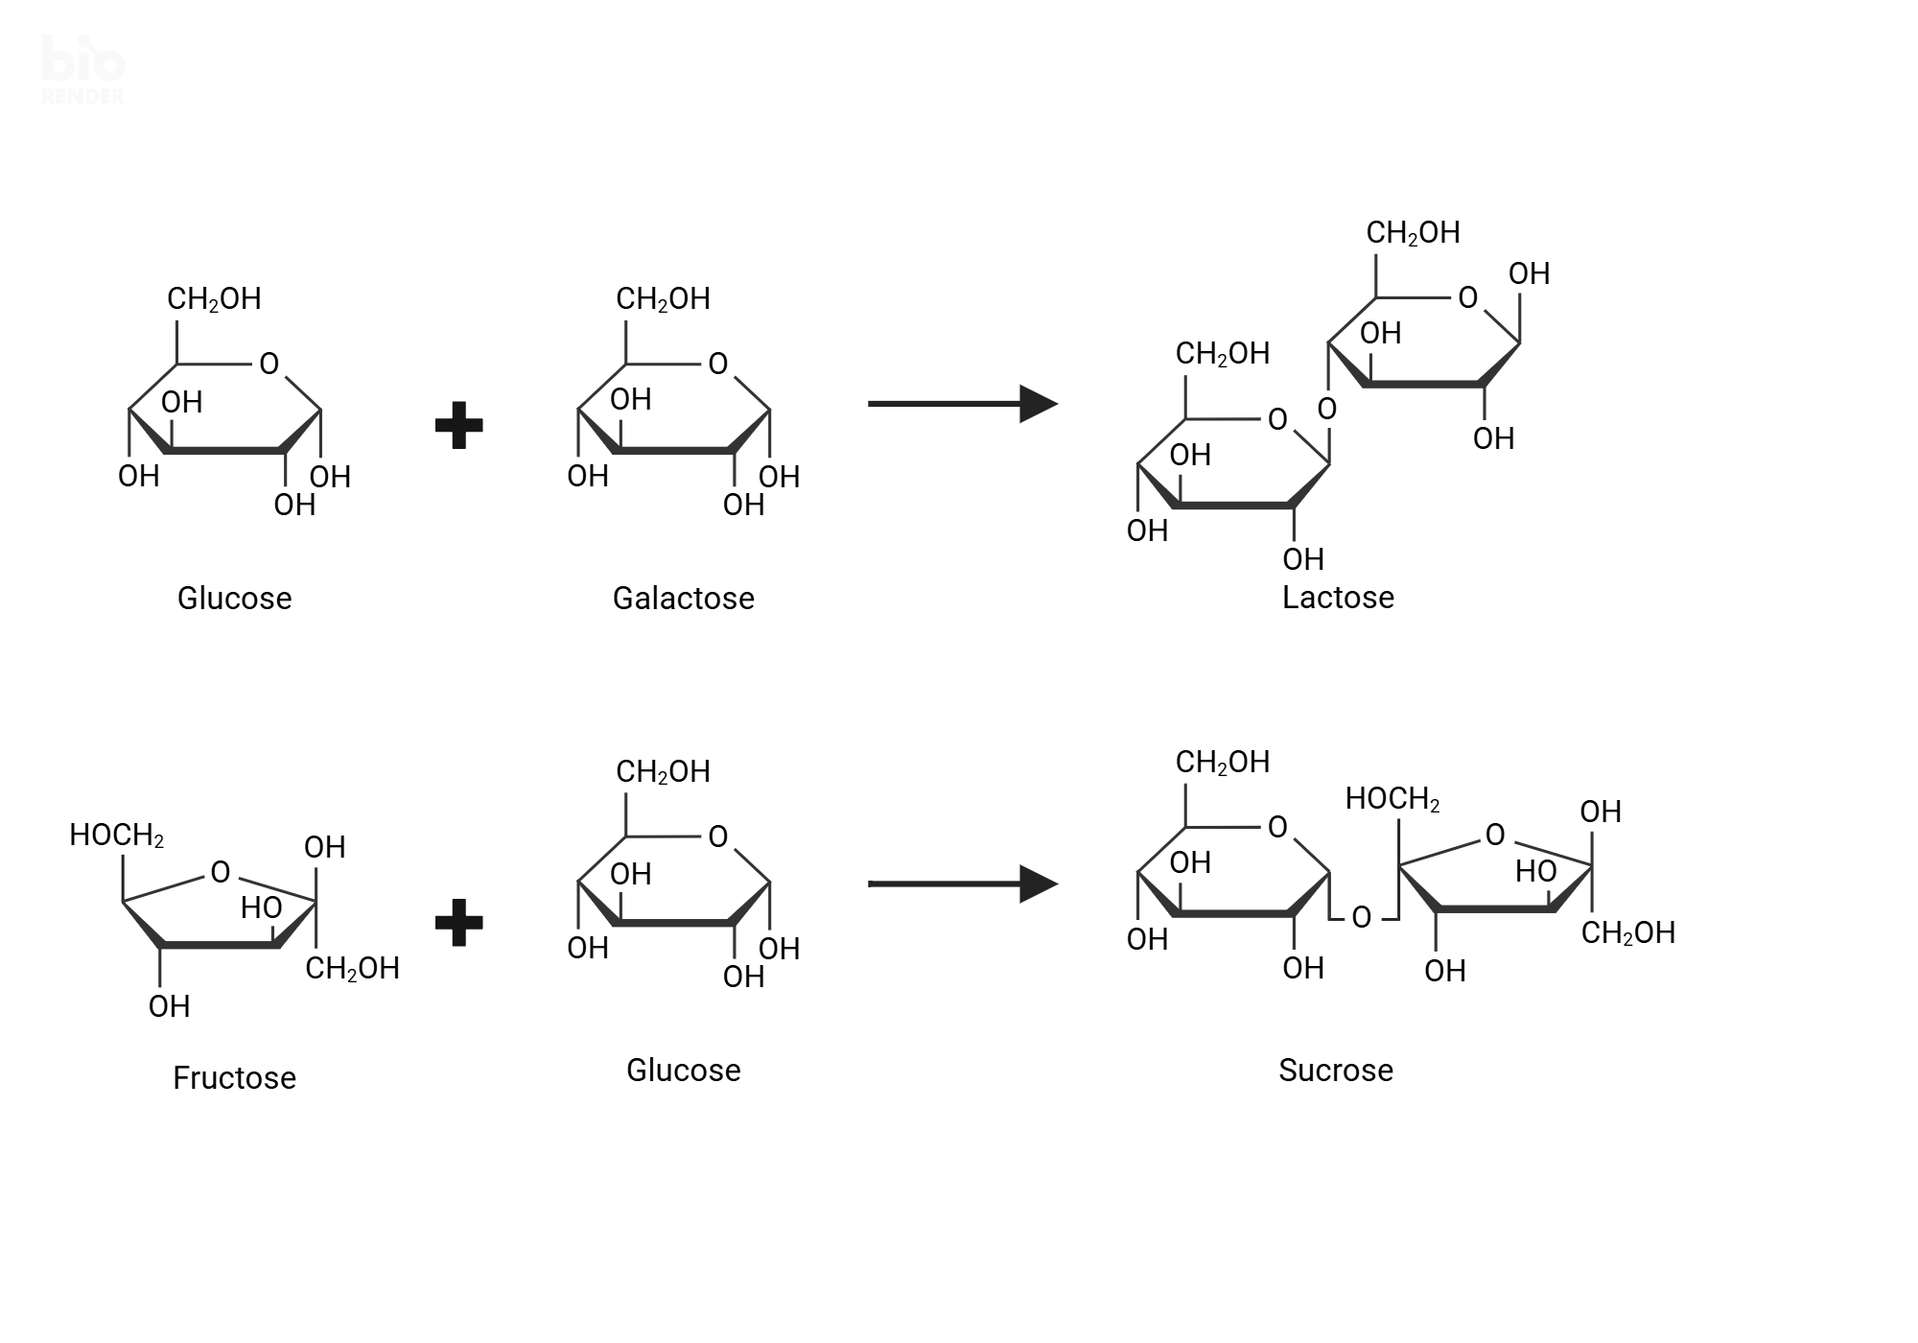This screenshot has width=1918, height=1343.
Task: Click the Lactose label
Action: (x=1338, y=598)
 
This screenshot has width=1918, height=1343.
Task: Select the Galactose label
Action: (x=683, y=599)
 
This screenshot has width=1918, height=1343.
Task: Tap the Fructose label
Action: (x=234, y=1078)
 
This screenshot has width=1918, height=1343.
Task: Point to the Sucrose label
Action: (x=1335, y=1071)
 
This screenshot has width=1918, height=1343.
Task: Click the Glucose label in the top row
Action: (x=234, y=599)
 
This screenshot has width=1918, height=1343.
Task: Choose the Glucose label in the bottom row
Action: (x=683, y=1071)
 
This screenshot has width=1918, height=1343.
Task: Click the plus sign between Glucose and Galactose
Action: (x=458, y=426)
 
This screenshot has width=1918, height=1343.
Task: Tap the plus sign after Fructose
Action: (x=458, y=923)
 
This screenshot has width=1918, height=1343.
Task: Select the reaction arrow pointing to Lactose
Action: (x=961, y=404)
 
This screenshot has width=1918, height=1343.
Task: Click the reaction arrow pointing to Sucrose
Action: (x=961, y=884)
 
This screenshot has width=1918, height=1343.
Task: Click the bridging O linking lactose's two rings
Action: (x=1327, y=410)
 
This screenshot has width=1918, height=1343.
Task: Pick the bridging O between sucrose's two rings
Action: (x=1361, y=918)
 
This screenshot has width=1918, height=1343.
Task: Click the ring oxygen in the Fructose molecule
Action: (x=221, y=872)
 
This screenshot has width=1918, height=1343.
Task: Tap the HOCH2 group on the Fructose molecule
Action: (x=116, y=836)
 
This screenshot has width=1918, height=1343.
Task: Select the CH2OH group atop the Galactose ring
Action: (x=663, y=299)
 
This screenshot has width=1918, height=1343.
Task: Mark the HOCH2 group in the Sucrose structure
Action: (x=1392, y=799)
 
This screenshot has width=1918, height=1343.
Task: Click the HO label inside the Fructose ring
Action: (x=261, y=907)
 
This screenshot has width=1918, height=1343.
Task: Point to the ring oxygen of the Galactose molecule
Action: (x=718, y=365)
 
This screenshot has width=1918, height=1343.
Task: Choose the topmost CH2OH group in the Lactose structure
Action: (x=1413, y=233)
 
